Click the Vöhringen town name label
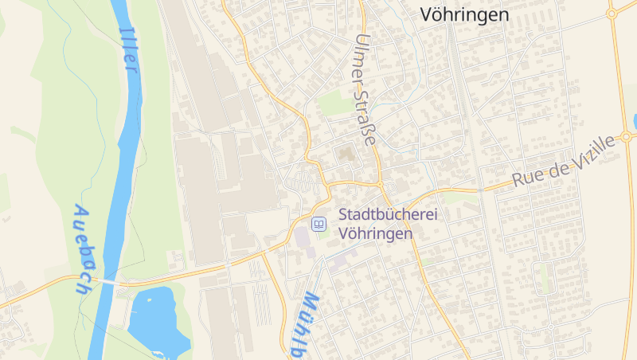point(464,14)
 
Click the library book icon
point(318,225)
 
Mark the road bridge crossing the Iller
point(108,281)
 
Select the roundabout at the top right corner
point(612,12)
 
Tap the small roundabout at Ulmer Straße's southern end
point(381,184)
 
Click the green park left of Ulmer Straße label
point(334,104)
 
